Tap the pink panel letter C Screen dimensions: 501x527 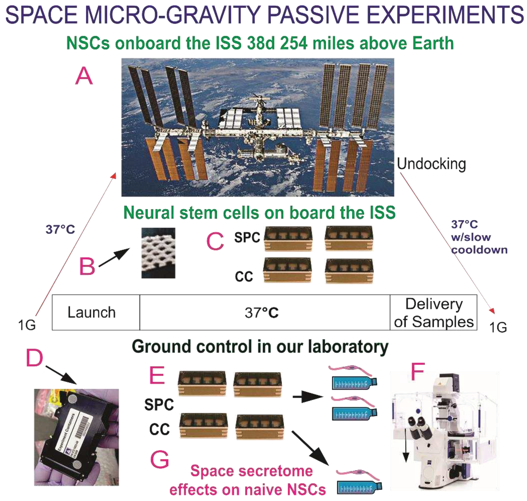tap(215, 241)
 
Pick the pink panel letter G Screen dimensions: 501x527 tap(160, 459)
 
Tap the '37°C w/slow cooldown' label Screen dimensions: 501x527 tap(479, 237)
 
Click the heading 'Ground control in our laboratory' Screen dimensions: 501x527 tap(260, 347)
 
